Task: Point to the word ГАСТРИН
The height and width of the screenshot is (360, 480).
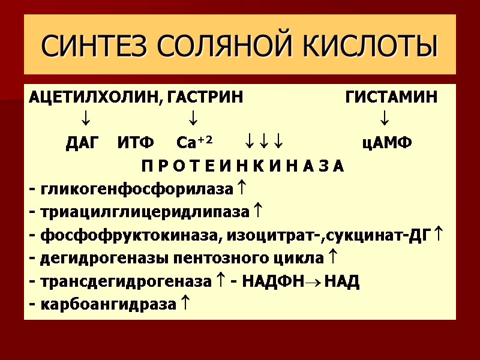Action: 206,97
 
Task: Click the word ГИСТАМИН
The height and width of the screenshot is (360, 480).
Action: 391,97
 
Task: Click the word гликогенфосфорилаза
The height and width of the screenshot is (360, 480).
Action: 136,190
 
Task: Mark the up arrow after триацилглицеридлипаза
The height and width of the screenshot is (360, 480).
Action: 257,211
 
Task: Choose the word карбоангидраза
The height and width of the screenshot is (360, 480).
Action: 109,305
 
